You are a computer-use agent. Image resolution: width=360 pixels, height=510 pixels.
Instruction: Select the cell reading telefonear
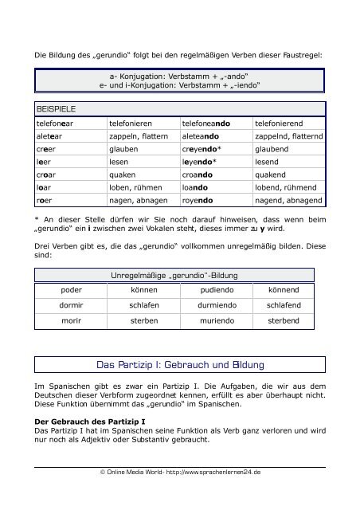(x=55, y=124)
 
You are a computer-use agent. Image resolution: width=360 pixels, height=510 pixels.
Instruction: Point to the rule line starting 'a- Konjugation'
(x=178, y=74)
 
